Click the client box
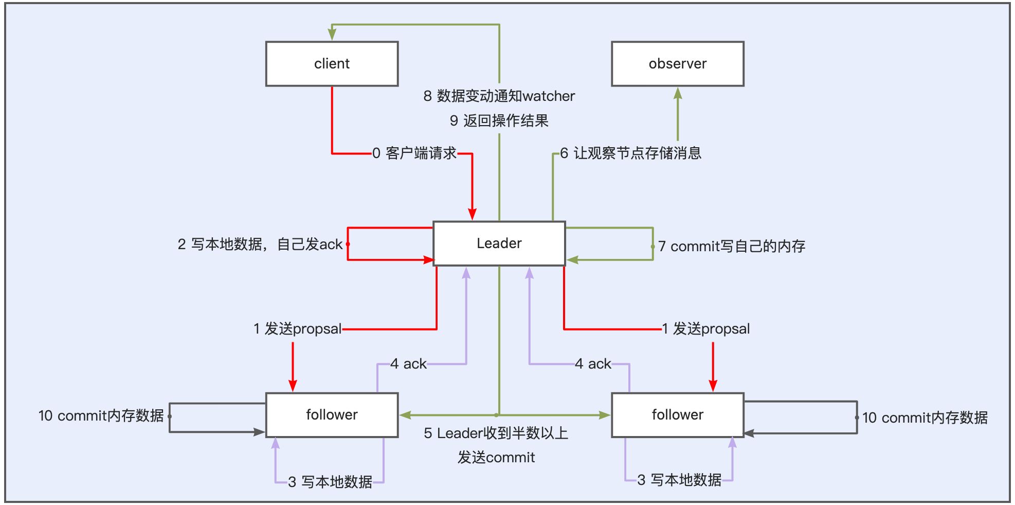[332, 64]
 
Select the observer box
[677, 64]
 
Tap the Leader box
[499, 243]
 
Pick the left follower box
[332, 415]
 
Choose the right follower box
[677, 415]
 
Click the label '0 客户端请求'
[414, 153]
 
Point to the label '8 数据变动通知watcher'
[499, 96]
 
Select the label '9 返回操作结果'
[499, 120]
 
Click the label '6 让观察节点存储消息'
[630, 153]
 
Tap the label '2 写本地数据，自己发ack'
[260, 244]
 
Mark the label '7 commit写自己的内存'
[731, 247]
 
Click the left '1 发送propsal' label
[297, 328]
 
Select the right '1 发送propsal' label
[705, 328]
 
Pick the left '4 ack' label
[408, 364]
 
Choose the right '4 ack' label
[593, 364]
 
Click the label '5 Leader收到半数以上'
[496, 433]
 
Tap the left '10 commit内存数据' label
[101, 415]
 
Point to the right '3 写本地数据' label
[679, 480]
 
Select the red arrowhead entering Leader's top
[472, 214]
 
